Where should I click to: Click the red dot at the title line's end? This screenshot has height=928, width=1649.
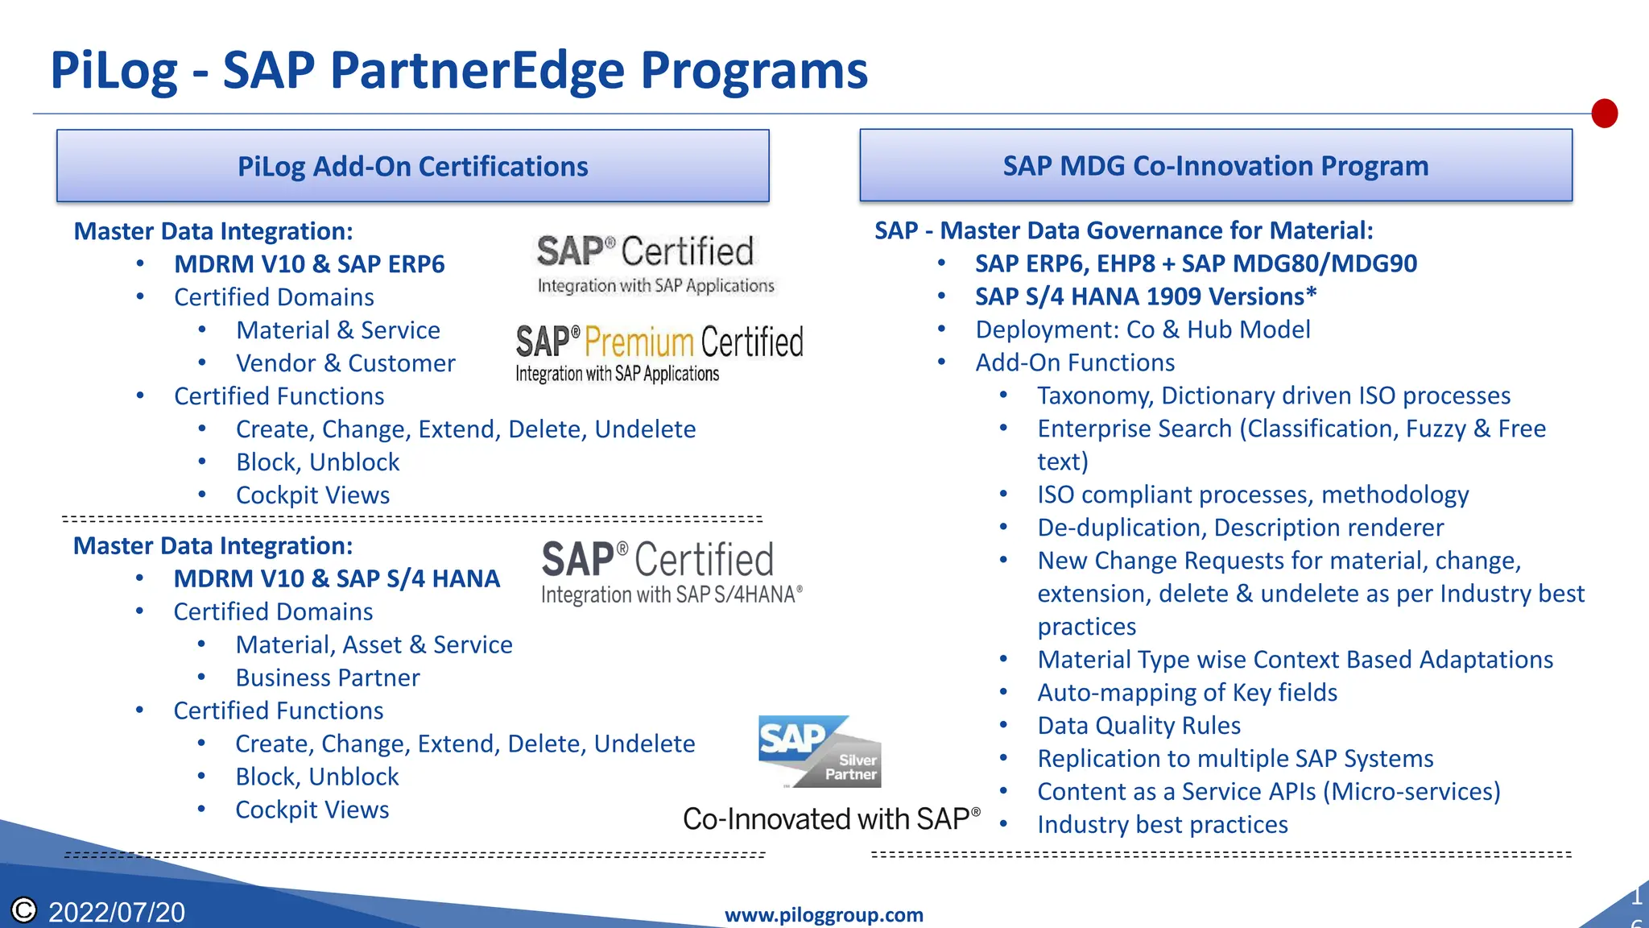click(1604, 114)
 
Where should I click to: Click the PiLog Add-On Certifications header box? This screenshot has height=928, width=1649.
click(412, 166)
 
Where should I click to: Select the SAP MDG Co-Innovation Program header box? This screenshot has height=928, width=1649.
click(1215, 165)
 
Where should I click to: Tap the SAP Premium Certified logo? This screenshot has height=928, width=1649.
click(659, 352)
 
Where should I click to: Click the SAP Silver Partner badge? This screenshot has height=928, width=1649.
click(820, 752)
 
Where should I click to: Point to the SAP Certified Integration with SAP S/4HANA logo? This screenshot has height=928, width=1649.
click(672, 572)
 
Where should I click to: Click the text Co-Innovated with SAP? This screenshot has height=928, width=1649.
click(831, 819)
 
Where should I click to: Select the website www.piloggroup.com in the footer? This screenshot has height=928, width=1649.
click(824, 915)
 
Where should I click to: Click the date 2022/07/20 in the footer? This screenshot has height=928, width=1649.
click(117, 912)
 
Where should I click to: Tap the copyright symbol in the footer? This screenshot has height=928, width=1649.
click(24, 910)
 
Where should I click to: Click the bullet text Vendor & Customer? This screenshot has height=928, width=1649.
click(345, 363)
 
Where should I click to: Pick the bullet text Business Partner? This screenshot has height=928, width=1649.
click(328, 677)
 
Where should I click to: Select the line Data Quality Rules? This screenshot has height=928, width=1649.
click(1139, 725)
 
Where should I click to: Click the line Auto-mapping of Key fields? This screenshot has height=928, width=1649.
click(1187, 692)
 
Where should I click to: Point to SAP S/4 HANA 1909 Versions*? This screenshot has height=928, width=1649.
click(1145, 296)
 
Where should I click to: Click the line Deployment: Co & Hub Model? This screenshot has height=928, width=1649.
click(1143, 329)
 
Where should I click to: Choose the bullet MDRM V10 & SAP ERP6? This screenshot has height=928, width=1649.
click(309, 264)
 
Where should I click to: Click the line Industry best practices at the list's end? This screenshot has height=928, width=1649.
click(1162, 824)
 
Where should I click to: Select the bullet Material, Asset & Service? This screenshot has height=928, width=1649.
click(374, 644)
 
